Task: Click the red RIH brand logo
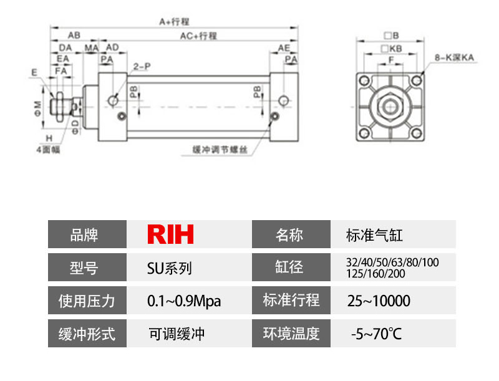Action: [x=171, y=234]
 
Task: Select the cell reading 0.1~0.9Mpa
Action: [x=184, y=301]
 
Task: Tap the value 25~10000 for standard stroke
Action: [x=379, y=301]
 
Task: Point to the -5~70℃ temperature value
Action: [x=376, y=334]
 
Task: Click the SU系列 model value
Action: [x=169, y=268]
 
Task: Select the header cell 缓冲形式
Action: [x=87, y=334]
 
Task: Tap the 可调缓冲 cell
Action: [x=177, y=334]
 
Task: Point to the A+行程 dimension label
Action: [x=174, y=21]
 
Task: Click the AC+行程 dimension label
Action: [x=198, y=36]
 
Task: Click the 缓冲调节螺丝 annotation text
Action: [x=220, y=150]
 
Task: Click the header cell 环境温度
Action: [x=291, y=334]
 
